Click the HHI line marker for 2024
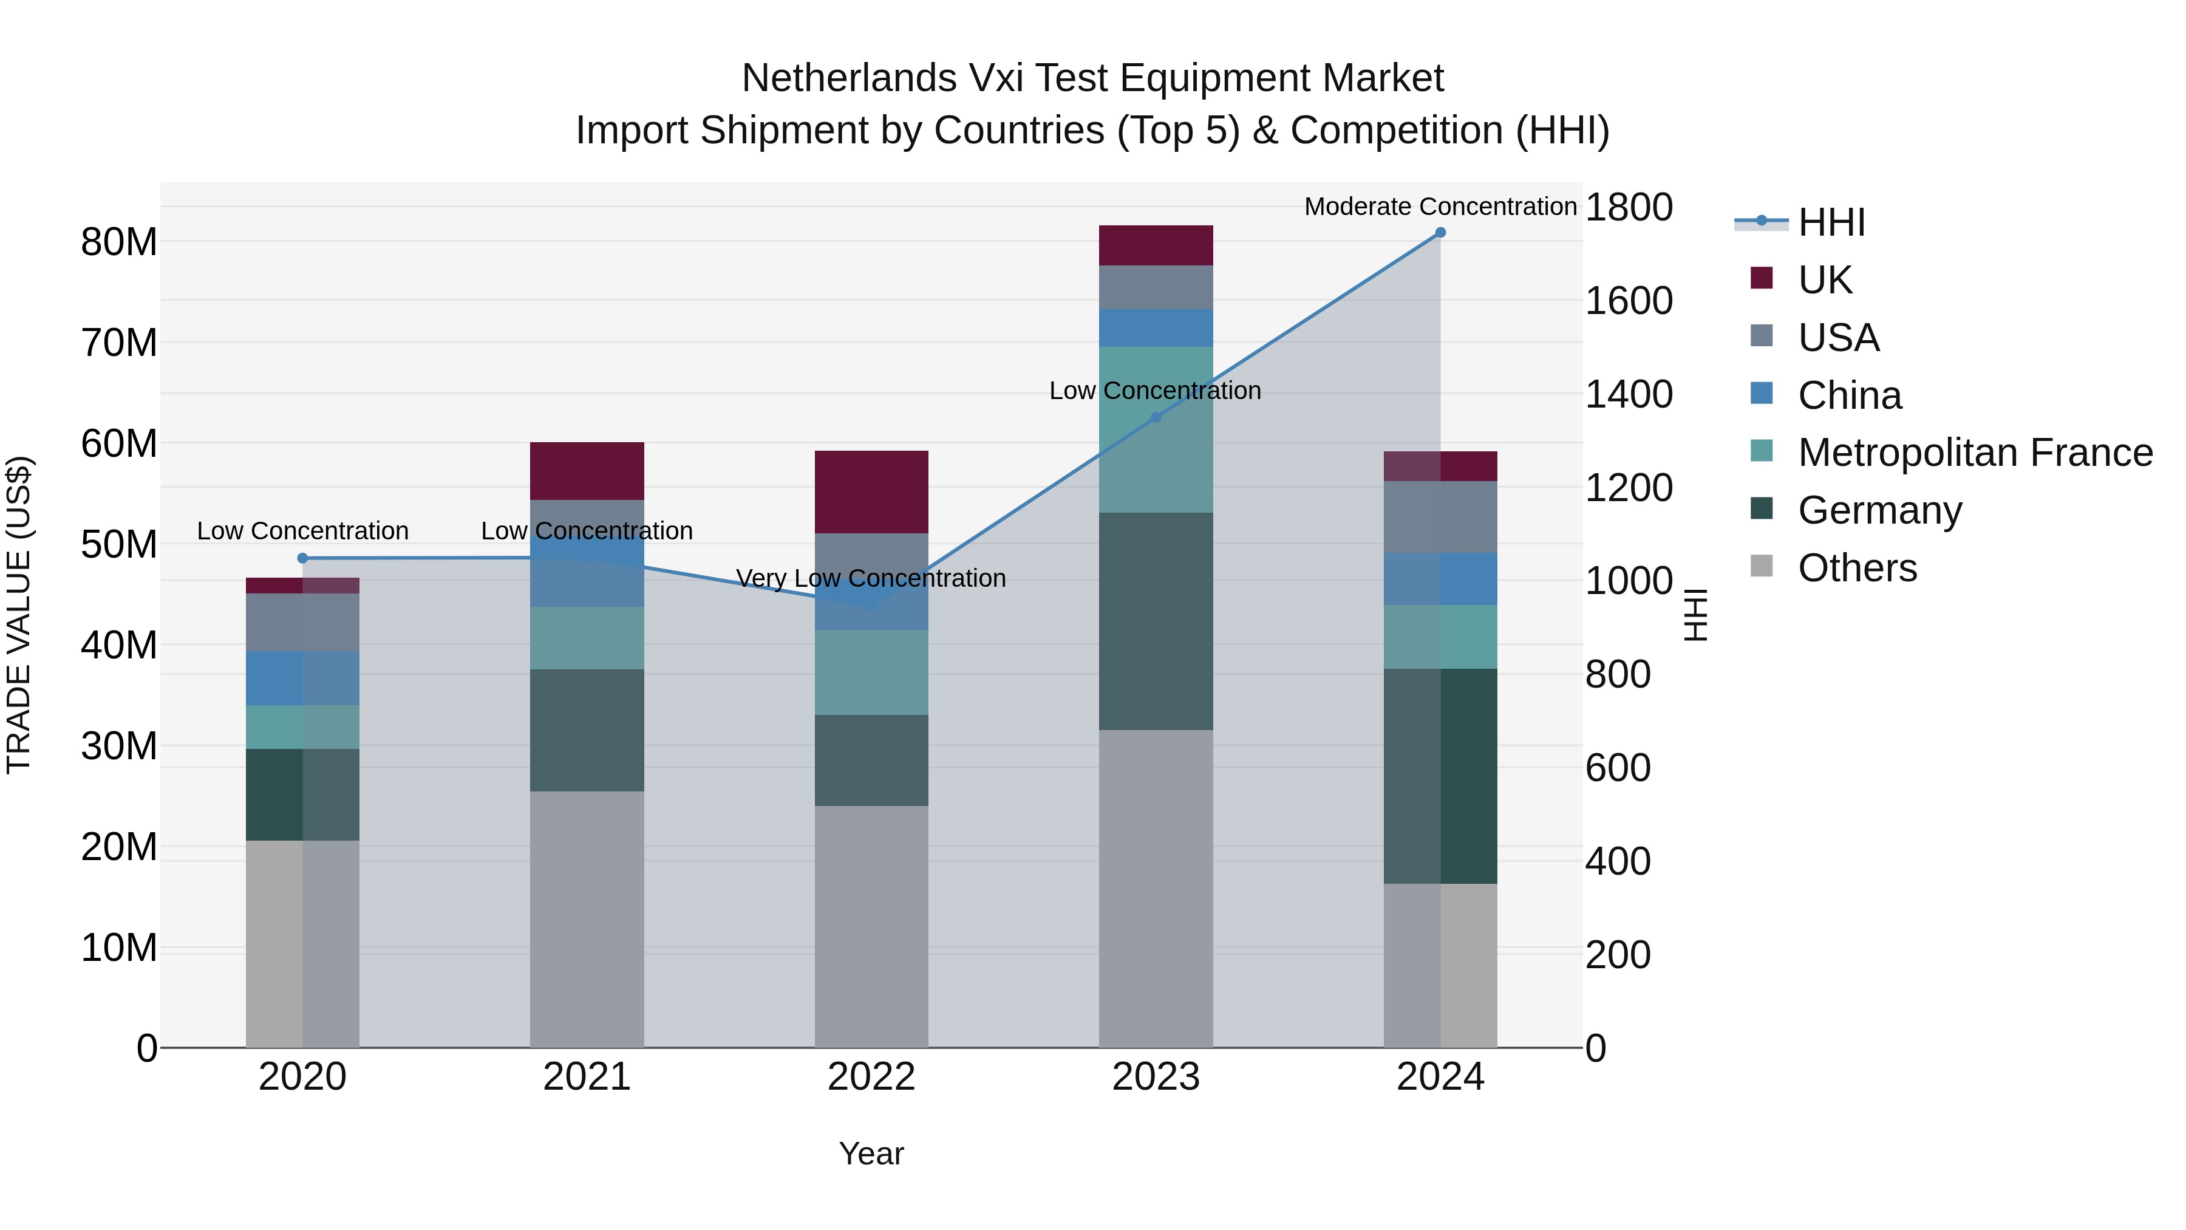click(x=1440, y=233)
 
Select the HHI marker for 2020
click(x=303, y=558)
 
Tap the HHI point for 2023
click(x=1155, y=417)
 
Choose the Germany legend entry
click(x=1879, y=510)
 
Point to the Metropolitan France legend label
click(x=1975, y=453)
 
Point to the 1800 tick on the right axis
click(x=1629, y=207)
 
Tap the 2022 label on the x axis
click(x=871, y=1077)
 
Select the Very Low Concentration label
click(x=871, y=578)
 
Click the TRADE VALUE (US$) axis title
click(x=19, y=615)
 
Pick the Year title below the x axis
click(x=871, y=1153)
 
